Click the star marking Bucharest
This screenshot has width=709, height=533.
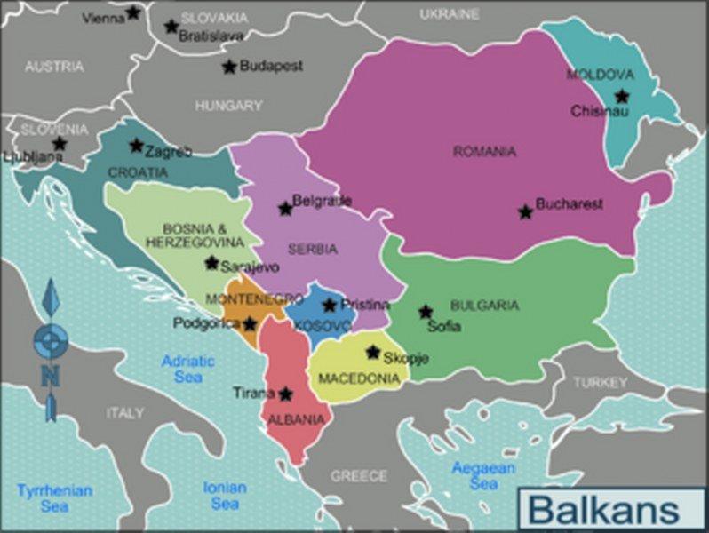[525, 211]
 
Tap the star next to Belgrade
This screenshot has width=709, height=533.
[285, 209]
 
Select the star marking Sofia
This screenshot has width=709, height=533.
[426, 312]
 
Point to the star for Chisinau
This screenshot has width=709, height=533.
[622, 96]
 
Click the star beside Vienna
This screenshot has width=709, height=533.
[133, 12]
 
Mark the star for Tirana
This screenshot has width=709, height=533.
[285, 394]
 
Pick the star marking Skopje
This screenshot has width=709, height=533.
[373, 352]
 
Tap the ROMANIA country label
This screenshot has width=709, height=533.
[484, 152]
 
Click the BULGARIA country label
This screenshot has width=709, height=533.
[484, 305]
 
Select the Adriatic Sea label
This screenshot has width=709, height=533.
[187, 369]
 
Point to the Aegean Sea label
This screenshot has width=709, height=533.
[483, 475]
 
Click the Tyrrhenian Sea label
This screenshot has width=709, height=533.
[54, 497]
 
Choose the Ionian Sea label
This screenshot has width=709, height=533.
[225, 495]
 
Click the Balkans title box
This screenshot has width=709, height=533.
[604, 511]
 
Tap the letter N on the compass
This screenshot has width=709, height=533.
[50, 376]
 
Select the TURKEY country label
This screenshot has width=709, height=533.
[600, 382]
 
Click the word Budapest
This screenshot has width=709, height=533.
[271, 67]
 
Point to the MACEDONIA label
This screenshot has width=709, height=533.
[358, 378]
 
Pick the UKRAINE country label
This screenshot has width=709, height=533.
[449, 14]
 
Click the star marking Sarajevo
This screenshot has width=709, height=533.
[211, 263]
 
